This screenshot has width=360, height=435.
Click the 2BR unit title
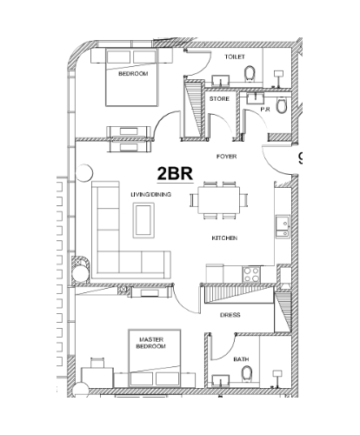tap(175, 174)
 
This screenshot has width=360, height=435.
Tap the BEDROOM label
tap(133, 74)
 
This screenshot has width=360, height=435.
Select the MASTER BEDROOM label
tap(151, 343)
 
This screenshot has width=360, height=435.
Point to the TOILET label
tap(235, 57)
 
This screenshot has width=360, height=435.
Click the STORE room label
tap(219, 99)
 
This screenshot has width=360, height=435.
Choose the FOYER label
tap(226, 157)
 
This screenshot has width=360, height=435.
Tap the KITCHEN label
tap(224, 238)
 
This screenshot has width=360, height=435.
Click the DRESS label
tap(230, 315)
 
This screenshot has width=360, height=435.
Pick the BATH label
tap(241, 359)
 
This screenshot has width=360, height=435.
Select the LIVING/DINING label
tap(150, 194)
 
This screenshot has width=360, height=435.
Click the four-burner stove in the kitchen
tap(251, 274)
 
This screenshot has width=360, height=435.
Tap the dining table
tap(219, 200)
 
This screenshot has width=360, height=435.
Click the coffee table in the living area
tap(143, 220)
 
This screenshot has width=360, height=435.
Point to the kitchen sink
tap(283, 226)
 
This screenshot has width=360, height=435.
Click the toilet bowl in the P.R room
tap(281, 105)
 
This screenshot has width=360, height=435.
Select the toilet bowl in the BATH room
tap(247, 373)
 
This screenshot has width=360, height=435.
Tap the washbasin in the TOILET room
tap(221, 81)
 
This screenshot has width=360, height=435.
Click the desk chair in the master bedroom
tap(97, 363)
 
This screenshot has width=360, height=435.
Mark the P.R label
tap(265, 110)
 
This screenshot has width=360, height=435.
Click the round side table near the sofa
tap(84, 173)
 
